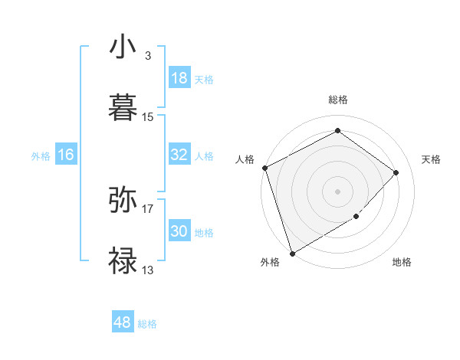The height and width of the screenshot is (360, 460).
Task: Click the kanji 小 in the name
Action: (x=123, y=47)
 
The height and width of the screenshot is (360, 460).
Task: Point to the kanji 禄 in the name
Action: (x=123, y=260)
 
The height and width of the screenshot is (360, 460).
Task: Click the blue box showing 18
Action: (x=179, y=78)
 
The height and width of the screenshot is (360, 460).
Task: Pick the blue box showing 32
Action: (x=179, y=155)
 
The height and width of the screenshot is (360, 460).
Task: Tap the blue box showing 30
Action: (x=179, y=231)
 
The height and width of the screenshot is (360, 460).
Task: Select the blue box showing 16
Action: (x=66, y=155)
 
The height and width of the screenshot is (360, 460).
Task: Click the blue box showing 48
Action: (x=123, y=322)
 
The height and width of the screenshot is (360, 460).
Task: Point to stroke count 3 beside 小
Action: (x=148, y=56)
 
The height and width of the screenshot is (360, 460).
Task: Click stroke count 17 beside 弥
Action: (x=148, y=208)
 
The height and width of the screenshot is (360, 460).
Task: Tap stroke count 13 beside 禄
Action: (x=148, y=270)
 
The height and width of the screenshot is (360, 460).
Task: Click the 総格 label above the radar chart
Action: (x=337, y=100)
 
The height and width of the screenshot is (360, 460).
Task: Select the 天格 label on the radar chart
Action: (x=431, y=159)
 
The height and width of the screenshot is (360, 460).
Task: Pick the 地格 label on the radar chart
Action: (x=402, y=262)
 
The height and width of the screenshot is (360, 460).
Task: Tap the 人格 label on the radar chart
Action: (x=245, y=159)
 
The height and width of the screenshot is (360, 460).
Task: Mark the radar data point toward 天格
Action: (x=396, y=172)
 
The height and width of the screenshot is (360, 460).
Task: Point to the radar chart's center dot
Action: (x=337, y=191)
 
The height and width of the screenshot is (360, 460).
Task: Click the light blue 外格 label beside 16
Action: (x=41, y=155)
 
